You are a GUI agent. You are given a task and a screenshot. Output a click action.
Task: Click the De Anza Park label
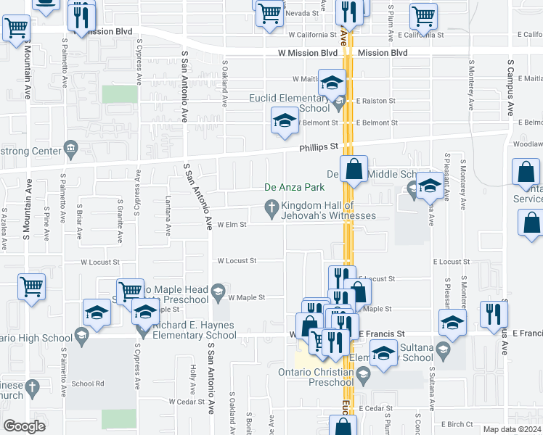[293, 187]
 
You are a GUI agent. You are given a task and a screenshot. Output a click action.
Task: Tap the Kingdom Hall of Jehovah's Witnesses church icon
[272, 210]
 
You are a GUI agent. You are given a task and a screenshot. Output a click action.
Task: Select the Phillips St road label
[320, 147]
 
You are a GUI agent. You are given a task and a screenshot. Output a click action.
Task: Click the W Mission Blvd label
[308, 53]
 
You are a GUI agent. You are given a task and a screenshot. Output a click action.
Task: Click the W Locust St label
[237, 260]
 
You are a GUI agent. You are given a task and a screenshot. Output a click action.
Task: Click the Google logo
[23, 426]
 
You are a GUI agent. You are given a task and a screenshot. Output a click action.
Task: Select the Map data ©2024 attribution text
[511, 429]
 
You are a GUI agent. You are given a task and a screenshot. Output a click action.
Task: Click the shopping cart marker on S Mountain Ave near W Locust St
[31, 286]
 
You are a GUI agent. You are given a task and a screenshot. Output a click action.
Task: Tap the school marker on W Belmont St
[285, 120]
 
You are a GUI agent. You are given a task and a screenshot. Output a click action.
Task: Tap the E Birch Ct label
[456, 424]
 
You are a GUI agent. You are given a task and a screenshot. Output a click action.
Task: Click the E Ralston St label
[375, 101]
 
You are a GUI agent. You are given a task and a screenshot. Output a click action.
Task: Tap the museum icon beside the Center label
[71, 151]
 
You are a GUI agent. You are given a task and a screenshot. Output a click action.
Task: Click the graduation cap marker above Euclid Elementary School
[332, 83]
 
